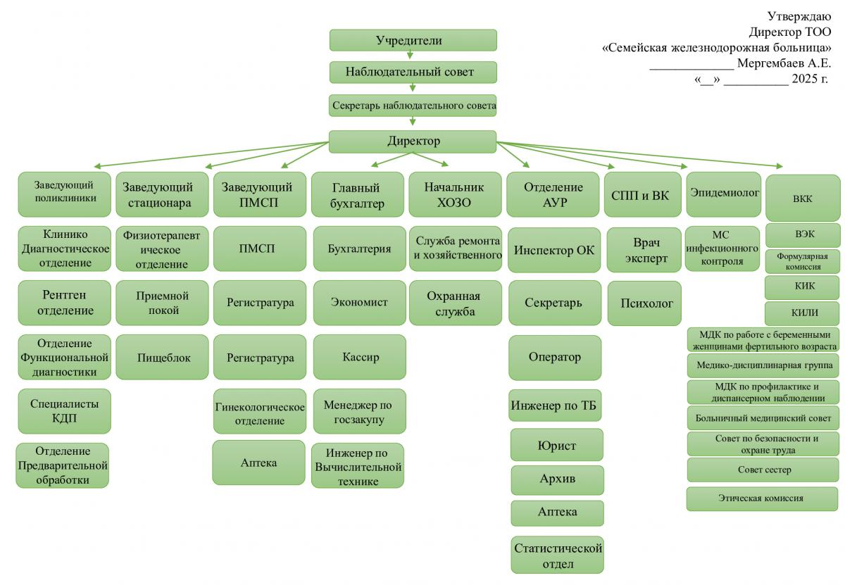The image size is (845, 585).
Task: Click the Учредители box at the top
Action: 413,40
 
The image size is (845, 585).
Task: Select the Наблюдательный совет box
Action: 413,72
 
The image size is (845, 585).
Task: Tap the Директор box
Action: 413,141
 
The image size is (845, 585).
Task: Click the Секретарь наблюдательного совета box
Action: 413,106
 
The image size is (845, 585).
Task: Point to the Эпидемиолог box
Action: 724,193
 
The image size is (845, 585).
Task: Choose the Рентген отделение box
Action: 65,303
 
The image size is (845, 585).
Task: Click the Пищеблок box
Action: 163,358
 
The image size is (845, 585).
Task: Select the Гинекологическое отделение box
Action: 260,413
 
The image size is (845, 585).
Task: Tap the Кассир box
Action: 360,358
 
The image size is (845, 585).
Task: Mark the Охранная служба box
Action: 455,303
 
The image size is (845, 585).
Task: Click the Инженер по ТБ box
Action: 556,405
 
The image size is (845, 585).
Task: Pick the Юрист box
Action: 557,445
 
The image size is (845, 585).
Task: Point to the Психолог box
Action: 644,303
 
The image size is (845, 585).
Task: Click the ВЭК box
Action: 803,234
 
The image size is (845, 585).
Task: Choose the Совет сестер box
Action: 763,470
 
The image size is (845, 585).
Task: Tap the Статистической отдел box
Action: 558,555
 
